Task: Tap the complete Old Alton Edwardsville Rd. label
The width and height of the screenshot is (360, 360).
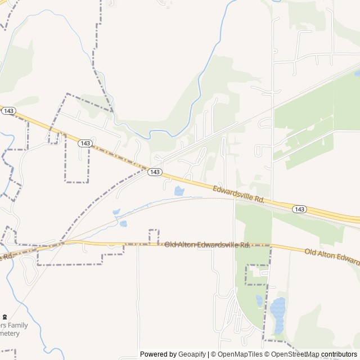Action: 207,245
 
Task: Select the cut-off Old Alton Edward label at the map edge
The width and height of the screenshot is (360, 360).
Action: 332,256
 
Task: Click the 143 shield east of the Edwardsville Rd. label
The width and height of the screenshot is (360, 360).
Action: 299,209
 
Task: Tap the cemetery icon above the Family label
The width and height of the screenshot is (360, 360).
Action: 5,317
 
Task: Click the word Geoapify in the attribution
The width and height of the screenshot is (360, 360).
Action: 192,354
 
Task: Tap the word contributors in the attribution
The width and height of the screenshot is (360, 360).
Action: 339,354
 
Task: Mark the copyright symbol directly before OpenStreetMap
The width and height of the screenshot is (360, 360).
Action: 267,354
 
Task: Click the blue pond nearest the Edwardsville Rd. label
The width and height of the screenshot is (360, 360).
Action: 179,191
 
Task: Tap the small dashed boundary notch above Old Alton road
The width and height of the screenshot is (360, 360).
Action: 154,236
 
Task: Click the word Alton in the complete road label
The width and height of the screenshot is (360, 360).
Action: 189,245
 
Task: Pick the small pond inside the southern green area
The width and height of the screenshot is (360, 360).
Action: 259,300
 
